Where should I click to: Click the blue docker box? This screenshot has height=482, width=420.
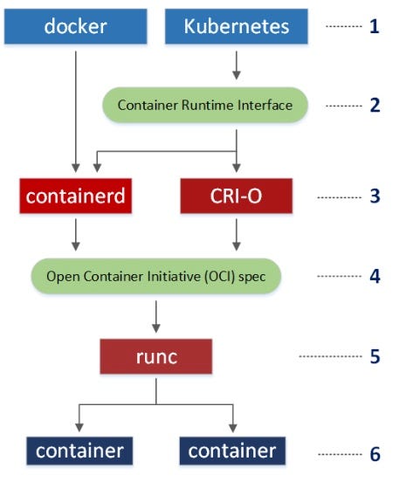tap(76, 26)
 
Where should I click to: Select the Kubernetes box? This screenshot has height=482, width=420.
tap(237, 26)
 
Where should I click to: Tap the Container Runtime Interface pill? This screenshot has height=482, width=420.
tap(205, 105)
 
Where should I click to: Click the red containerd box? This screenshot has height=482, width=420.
tap(76, 196)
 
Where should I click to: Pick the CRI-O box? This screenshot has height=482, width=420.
tap(237, 196)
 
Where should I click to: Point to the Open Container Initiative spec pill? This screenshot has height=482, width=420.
tap(156, 276)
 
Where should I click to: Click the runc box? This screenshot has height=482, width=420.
tap(156, 356)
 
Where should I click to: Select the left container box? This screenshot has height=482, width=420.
tap(79, 451)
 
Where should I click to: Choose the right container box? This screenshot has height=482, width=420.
tap(232, 451)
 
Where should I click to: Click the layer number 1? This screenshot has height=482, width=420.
tap(375, 26)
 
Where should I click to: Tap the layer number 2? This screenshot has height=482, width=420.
tap(375, 105)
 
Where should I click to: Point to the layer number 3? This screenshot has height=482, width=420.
tap(375, 196)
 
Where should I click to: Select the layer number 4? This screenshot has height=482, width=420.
tap(375, 276)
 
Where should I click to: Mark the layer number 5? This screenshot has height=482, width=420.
tap(375, 356)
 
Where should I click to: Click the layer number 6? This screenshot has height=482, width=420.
tap(375, 454)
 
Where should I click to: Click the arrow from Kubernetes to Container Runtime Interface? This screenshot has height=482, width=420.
tap(237, 65)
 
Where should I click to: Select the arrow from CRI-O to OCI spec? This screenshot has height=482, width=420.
tap(237, 235)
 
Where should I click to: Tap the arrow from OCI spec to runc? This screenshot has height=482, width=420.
tap(156, 317)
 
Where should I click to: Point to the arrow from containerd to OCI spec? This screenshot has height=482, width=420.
tap(76, 235)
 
